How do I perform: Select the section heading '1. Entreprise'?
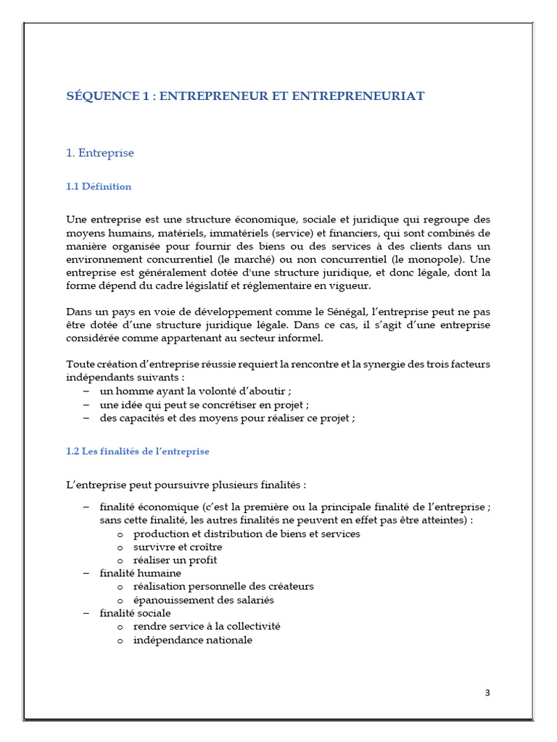(100, 153)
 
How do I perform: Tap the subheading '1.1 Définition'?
(99, 186)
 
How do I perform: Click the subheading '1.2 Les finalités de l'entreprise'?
(138, 451)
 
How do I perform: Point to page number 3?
(487, 692)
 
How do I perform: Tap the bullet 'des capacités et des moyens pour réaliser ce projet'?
(227, 418)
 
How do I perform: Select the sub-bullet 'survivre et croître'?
(178, 546)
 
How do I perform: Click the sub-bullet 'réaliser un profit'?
(175, 560)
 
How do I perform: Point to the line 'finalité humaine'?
(140, 573)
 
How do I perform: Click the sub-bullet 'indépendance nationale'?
(193, 640)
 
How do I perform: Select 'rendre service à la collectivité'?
(207, 626)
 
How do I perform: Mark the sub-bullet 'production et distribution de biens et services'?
(247, 533)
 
